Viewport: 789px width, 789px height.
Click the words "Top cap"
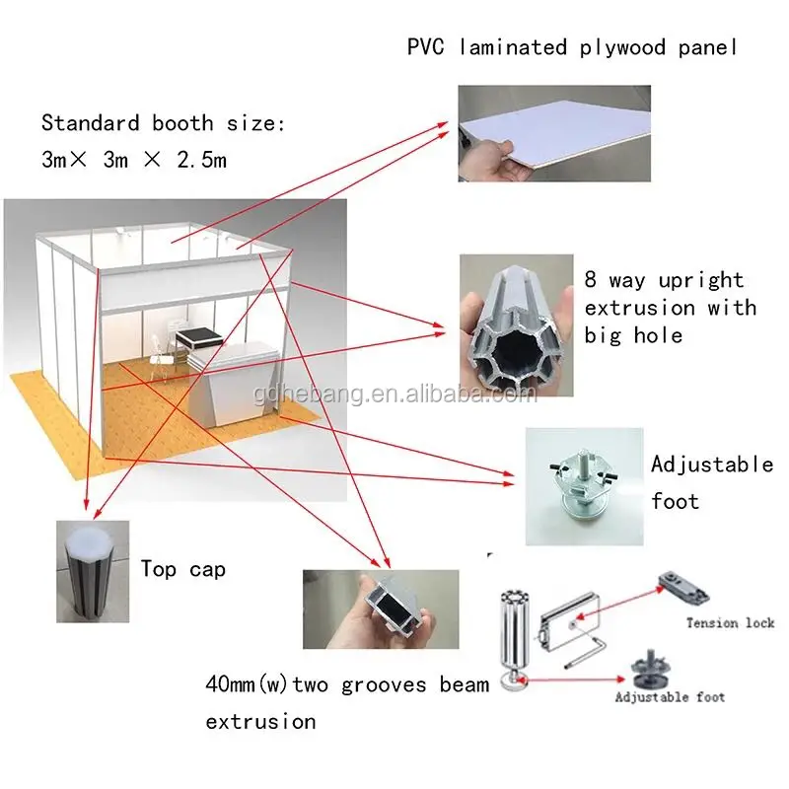pos(183,569)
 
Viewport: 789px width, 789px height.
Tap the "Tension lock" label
pos(730,622)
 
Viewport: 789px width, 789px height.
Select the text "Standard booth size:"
pos(163,124)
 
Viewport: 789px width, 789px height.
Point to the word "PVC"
pos(427,47)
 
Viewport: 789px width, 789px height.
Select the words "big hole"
pos(632,334)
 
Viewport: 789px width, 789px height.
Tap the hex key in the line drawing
pos(601,652)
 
